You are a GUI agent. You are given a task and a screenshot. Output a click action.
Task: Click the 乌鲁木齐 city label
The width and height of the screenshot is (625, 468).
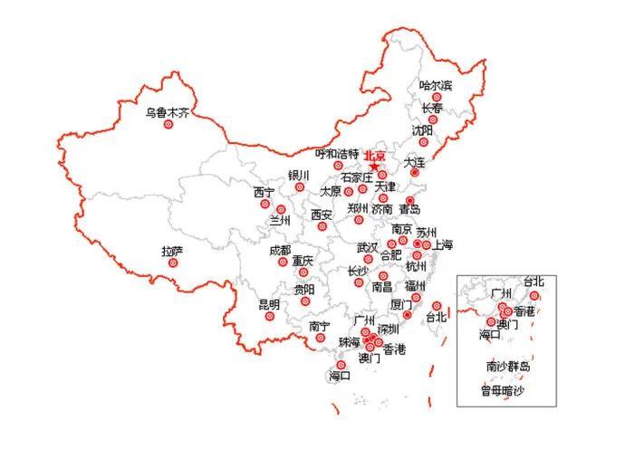pyautogui.click(x=168, y=113)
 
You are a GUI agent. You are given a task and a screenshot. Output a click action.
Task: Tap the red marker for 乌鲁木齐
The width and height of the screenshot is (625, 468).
pyautogui.click(x=168, y=125)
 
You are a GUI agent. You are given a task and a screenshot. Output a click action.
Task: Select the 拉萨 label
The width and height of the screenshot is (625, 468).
pyautogui.click(x=172, y=251)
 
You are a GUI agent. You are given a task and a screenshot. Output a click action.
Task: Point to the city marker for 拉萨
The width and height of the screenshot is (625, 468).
pyautogui.click(x=174, y=263)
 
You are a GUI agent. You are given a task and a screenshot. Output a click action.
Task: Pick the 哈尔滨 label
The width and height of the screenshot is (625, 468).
pyautogui.click(x=435, y=85)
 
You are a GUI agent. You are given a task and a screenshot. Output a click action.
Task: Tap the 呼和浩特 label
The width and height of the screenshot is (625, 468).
pyautogui.click(x=336, y=154)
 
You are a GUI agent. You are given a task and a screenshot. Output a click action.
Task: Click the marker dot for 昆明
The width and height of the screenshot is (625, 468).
pyautogui.click(x=274, y=316)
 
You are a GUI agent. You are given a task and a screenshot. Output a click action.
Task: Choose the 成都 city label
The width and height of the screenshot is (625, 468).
pyautogui.click(x=280, y=250)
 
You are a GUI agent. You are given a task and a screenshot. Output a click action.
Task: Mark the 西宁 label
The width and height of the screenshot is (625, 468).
pyautogui.click(x=264, y=192)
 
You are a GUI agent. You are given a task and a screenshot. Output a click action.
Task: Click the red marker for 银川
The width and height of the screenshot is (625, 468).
pyautogui.click(x=300, y=187)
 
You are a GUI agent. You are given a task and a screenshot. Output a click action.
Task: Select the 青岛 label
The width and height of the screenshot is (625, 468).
pyautogui.click(x=409, y=209)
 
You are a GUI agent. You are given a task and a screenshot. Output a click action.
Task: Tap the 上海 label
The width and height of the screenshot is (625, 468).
pyautogui.click(x=442, y=244)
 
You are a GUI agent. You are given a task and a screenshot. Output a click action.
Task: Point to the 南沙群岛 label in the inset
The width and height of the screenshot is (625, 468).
pyautogui.click(x=507, y=367)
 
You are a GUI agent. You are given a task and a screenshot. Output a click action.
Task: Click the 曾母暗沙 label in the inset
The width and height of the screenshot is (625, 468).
pyautogui.click(x=502, y=391)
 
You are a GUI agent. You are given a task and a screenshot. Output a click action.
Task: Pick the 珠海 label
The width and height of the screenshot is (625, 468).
pyautogui.click(x=349, y=342)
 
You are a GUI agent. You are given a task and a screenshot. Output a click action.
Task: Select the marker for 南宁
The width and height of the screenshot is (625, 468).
pyautogui.click(x=320, y=339)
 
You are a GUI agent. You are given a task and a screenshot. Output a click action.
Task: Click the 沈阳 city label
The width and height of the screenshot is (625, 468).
pyautogui.click(x=422, y=129)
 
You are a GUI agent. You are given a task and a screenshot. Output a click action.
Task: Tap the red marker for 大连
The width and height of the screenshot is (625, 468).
pyautogui.click(x=412, y=171)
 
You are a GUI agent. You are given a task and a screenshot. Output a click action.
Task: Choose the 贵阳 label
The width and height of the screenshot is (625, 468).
pyautogui.click(x=304, y=290)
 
